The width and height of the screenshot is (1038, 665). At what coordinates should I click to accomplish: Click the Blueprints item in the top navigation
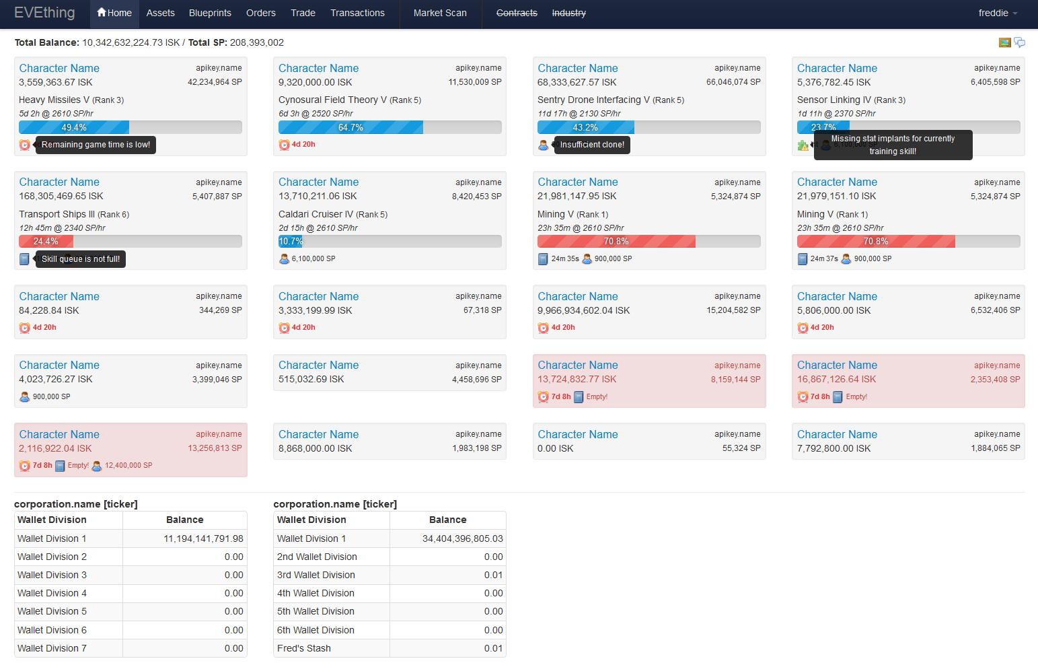click(210, 13)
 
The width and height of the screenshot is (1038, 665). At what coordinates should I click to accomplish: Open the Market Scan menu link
click(440, 13)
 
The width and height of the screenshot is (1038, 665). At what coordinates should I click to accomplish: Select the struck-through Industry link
click(568, 13)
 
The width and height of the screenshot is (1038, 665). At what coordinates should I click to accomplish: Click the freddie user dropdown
click(998, 13)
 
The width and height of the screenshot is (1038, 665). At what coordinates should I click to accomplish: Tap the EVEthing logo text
click(44, 13)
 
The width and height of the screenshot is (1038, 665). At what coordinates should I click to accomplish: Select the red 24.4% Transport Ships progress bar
click(46, 241)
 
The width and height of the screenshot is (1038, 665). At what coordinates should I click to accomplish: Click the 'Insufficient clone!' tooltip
click(592, 145)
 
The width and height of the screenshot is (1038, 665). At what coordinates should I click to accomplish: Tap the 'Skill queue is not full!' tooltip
click(81, 258)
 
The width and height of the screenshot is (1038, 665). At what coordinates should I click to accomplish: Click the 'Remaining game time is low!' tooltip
click(96, 145)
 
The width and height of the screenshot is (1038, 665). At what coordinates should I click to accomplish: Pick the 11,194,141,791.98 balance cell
click(185, 538)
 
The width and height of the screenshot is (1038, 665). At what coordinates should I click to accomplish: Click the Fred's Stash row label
click(304, 648)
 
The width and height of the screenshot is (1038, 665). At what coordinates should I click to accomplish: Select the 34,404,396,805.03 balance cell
click(447, 538)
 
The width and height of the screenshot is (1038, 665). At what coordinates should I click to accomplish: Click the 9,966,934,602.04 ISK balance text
click(583, 310)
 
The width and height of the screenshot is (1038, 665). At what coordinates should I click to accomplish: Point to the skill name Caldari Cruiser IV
click(316, 214)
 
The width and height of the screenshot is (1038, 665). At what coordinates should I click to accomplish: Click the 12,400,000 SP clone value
click(128, 465)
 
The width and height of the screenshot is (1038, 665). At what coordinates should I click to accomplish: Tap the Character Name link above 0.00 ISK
click(577, 434)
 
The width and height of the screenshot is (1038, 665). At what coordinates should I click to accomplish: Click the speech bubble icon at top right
click(1019, 42)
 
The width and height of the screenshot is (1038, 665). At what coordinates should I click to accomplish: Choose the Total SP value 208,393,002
click(257, 42)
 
